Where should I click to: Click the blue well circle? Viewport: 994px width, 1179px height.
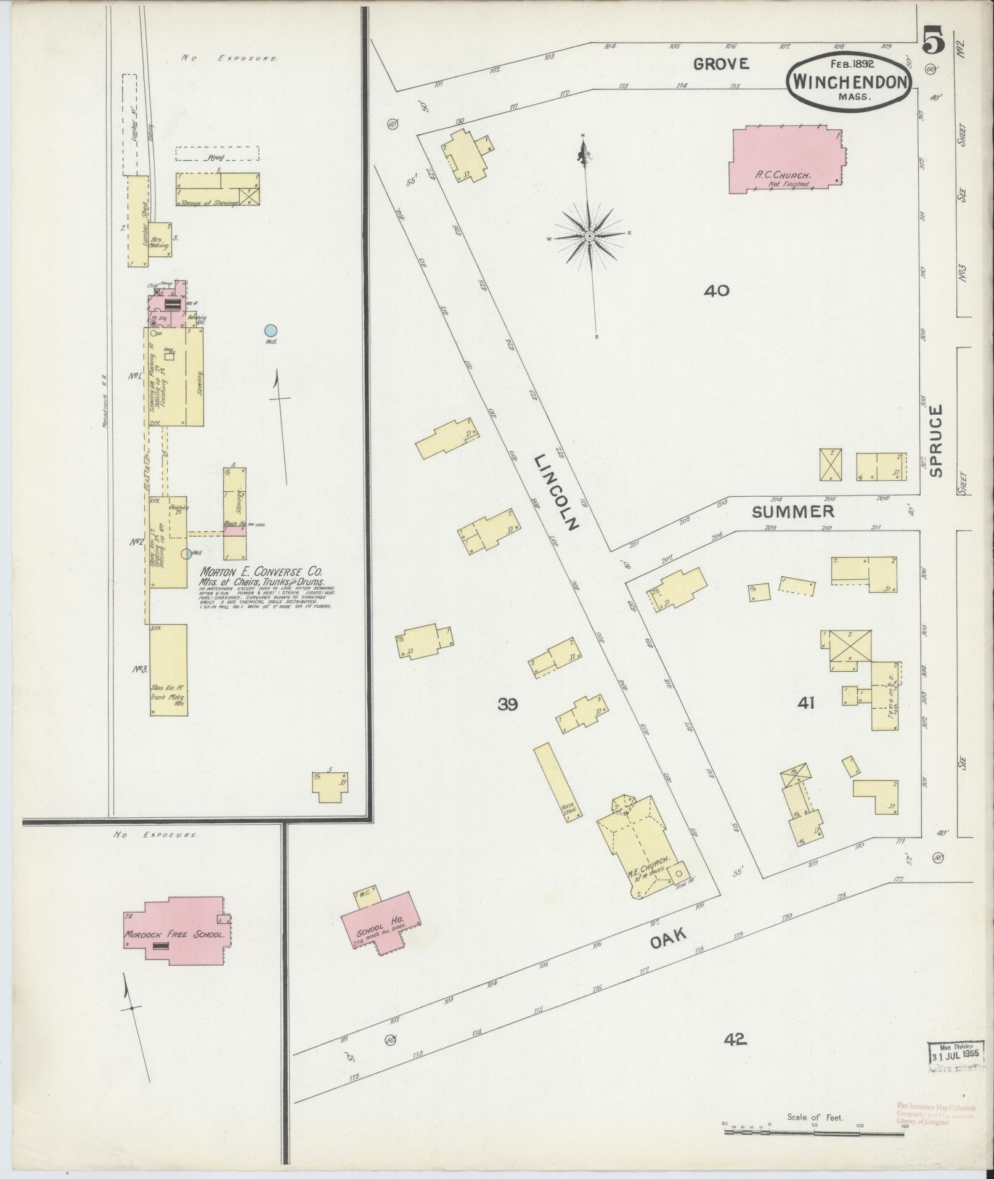point(270,330)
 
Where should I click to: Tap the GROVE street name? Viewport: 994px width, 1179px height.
point(720,63)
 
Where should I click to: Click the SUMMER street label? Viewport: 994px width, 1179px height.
point(792,511)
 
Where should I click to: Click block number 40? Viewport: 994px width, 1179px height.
point(717,290)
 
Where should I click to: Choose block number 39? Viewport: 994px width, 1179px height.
point(507,704)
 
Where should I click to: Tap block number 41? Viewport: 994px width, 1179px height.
point(805,702)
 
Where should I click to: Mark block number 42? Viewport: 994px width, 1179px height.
point(735,1040)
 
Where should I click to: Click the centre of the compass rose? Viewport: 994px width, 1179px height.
point(590,236)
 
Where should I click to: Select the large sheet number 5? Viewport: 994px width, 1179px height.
point(934,44)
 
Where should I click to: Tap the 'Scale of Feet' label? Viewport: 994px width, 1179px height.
point(815,1117)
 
